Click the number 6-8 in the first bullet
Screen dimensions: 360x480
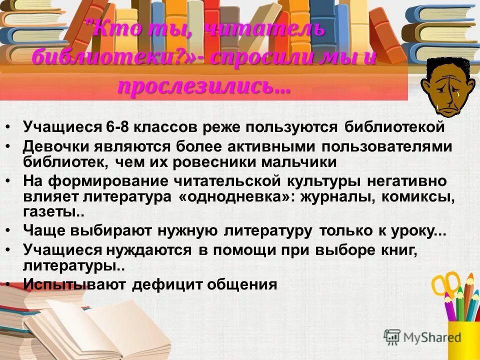pyautogui.click(x=117, y=127)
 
